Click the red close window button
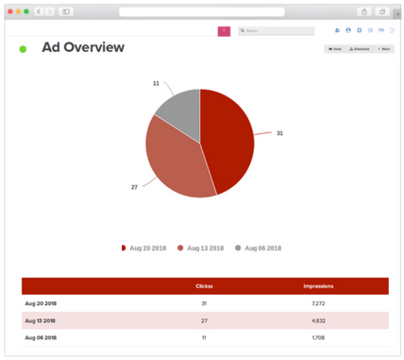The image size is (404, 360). click(10, 11)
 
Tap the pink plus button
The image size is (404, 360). click(224, 31)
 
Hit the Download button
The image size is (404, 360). click(360, 48)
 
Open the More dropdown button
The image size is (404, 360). click(384, 48)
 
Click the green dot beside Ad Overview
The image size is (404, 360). click(23, 49)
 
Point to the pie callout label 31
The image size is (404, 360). click(280, 133)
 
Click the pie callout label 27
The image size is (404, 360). click(134, 188)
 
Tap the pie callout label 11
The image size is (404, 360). click(156, 83)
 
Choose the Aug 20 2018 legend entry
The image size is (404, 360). click(143, 249)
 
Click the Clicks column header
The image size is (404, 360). click(204, 285)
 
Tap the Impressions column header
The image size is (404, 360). click(318, 285)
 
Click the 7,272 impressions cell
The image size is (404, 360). click(318, 303)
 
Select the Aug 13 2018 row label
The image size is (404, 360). click(40, 320)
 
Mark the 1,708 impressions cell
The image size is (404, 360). click(318, 337)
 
